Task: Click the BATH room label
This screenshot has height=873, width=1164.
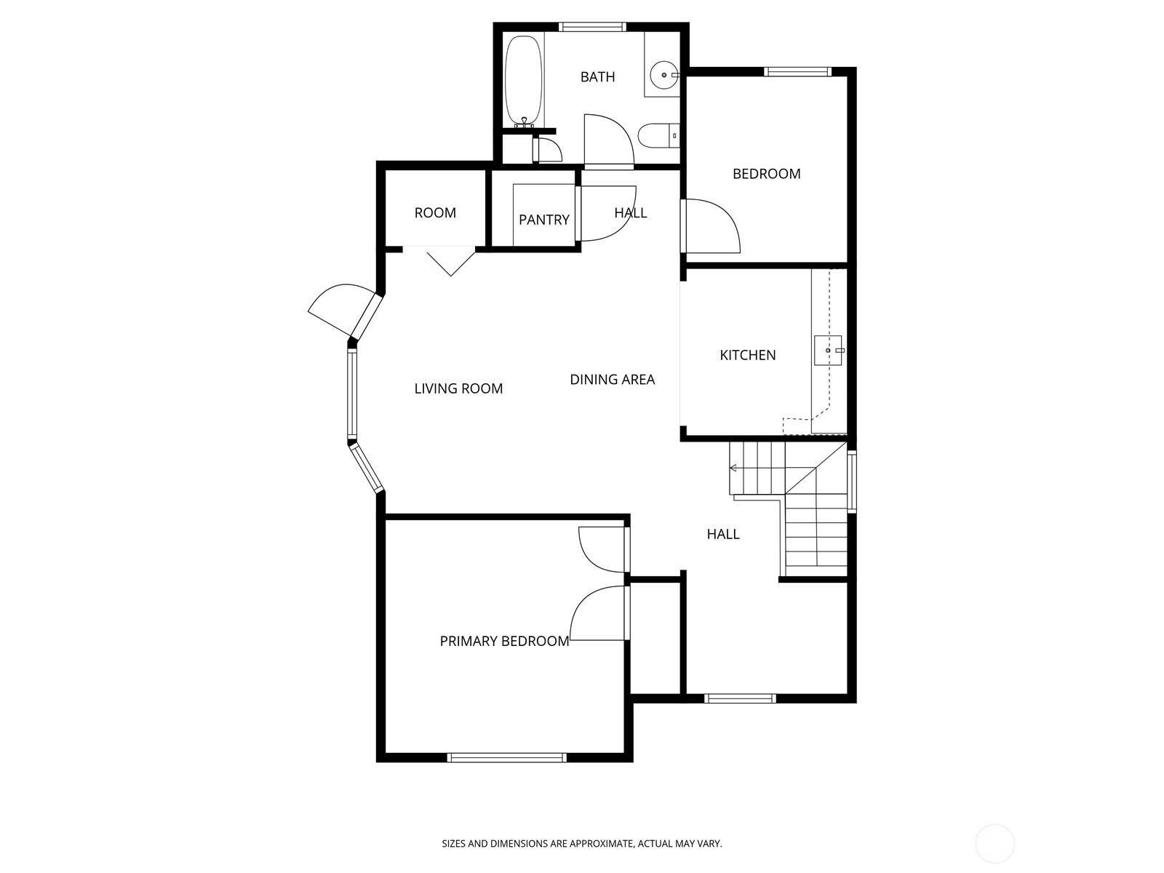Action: click(598, 77)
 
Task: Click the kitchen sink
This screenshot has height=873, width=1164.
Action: click(828, 351)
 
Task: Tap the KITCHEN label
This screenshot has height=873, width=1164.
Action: click(748, 355)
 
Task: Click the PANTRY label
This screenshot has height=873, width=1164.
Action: click(544, 220)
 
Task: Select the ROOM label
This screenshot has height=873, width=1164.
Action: click(435, 213)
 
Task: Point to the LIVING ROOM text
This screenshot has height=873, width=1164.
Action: click(459, 388)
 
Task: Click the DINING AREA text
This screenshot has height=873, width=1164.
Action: click(613, 380)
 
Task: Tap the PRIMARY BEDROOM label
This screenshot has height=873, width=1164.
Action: click(504, 642)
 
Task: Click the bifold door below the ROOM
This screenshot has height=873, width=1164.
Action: click(451, 261)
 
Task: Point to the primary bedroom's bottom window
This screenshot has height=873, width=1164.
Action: click(507, 757)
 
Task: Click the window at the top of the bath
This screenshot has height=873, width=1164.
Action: click(592, 27)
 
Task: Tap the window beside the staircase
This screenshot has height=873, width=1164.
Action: click(852, 482)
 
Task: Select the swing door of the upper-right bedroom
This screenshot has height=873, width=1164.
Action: click(711, 226)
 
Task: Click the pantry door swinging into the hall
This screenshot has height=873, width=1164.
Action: click(606, 213)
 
